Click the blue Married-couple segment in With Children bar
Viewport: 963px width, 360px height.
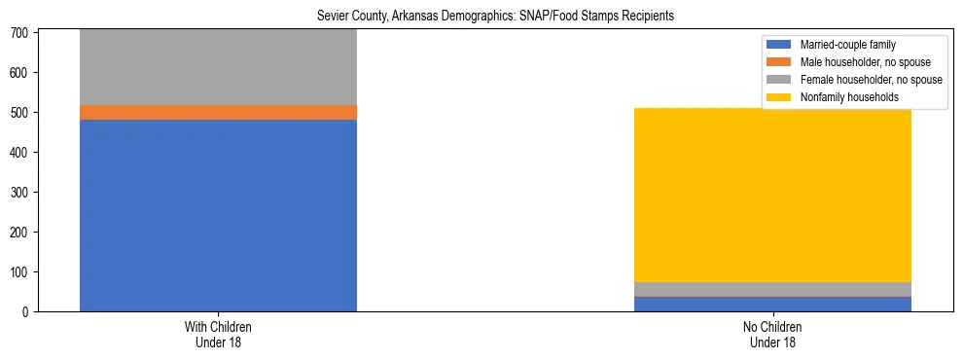[218, 214]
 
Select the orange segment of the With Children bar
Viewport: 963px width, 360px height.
[218, 112]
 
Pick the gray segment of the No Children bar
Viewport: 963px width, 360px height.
[772, 289]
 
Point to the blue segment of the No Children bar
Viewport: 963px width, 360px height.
[772, 304]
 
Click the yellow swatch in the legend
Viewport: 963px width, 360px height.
[779, 97]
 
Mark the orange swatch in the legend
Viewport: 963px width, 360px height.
[779, 62]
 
